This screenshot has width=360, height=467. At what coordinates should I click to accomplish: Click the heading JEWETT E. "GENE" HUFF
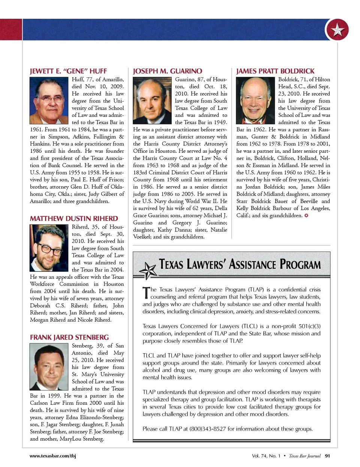(x=68, y=71)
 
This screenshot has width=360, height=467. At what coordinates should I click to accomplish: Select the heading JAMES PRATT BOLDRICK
(x=275, y=71)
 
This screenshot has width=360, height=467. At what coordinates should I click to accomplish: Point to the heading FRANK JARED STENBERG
(x=69, y=337)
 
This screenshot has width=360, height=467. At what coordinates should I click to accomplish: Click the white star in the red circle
(x=337, y=30)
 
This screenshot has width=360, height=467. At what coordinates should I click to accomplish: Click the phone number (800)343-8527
(x=207, y=429)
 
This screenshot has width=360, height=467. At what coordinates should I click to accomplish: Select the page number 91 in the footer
(x=327, y=456)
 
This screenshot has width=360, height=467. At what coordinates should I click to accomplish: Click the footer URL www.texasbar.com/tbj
(x=52, y=456)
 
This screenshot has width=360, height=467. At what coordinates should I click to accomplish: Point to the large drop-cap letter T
(x=145, y=293)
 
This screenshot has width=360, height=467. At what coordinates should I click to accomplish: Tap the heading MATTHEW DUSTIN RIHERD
(x=74, y=219)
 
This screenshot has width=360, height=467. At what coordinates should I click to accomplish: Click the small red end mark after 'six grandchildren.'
(x=306, y=216)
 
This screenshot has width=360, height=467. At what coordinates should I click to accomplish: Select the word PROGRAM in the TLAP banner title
(x=300, y=264)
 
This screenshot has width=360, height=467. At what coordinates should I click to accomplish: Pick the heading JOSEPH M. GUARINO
(x=167, y=71)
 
